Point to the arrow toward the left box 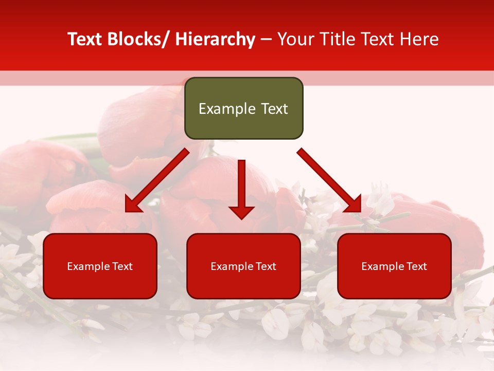(157, 180)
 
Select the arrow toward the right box (329, 180)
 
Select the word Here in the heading (419, 40)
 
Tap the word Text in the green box (274, 109)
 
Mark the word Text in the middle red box (266, 266)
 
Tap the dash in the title (266, 40)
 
